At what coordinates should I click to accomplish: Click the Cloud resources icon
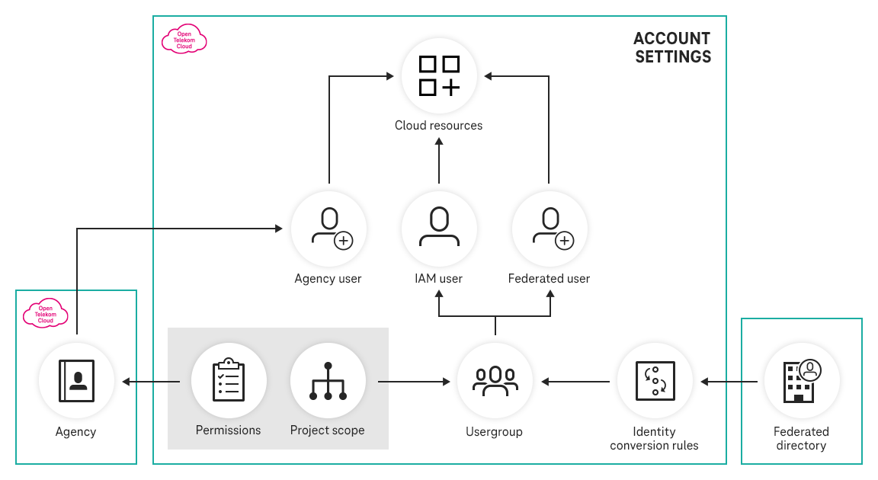click(x=439, y=76)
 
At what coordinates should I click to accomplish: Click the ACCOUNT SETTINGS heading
click(x=672, y=47)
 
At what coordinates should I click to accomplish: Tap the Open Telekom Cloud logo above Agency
click(x=46, y=313)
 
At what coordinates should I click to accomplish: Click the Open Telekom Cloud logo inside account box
click(x=184, y=40)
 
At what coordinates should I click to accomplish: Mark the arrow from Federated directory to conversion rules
click(x=730, y=381)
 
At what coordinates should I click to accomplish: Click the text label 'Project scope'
click(x=327, y=430)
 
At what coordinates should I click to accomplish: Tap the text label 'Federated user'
click(x=549, y=279)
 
